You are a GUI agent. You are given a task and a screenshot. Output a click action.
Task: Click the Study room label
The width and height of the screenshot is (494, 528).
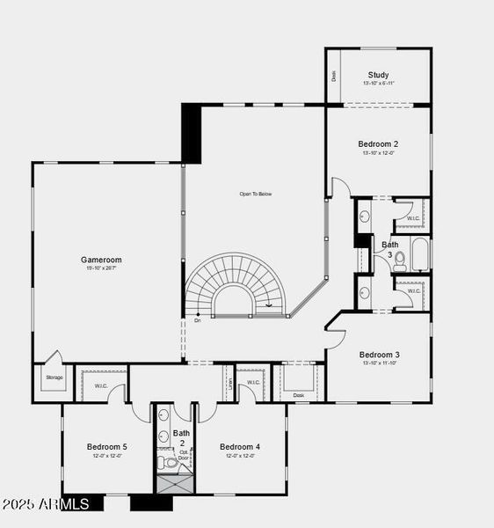click(x=379, y=75)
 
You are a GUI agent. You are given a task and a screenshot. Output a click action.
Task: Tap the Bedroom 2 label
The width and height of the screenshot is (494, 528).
click(x=378, y=143)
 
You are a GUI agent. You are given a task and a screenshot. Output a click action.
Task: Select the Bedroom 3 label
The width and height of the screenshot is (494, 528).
click(x=380, y=355)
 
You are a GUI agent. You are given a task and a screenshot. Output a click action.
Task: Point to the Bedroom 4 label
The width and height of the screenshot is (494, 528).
click(x=240, y=447)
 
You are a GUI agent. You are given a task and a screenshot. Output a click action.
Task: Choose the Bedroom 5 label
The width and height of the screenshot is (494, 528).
click(x=107, y=447)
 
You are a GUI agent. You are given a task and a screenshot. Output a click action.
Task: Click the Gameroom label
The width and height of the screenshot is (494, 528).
click(x=101, y=260)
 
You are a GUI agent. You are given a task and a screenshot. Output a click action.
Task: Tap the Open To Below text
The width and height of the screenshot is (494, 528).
click(x=256, y=194)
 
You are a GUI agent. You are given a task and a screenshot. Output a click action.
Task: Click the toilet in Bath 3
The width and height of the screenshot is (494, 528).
click(x=400, y=259)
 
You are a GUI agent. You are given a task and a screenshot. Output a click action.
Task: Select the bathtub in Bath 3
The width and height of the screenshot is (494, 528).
click(x=420, y=254)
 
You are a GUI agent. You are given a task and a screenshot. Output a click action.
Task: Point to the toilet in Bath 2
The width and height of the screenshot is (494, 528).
click(x=171, y=462)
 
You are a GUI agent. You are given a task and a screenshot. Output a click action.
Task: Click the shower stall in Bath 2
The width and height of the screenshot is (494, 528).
click(x=173, y=485)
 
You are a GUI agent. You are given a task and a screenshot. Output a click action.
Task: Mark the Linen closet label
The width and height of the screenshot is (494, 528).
click(x=229, y=383)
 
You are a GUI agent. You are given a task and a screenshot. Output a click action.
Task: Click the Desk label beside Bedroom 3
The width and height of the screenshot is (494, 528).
click(x=299, y=395)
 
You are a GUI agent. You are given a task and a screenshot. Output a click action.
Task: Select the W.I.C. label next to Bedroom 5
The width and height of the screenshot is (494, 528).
click(x=93, y=385)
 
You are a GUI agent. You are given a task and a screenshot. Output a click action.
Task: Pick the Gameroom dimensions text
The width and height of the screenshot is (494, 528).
click(x=101, y=268)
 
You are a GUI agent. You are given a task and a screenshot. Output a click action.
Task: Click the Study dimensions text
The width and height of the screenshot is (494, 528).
click(x=379, y=84)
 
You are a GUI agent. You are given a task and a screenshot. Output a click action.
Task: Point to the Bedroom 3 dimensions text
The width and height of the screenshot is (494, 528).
click(x=380, y=363)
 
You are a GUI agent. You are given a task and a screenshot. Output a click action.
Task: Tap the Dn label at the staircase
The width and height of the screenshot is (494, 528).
click(x=198, y=320)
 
